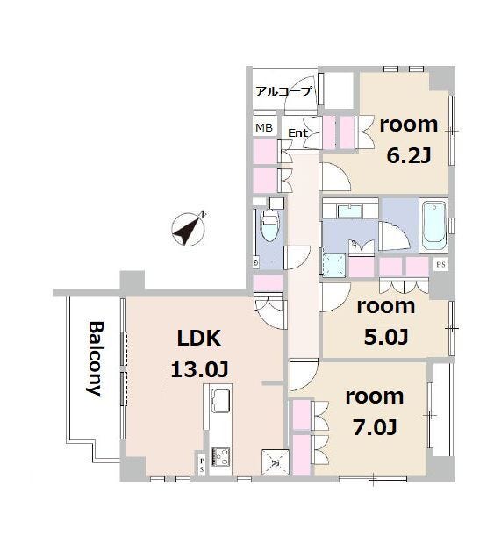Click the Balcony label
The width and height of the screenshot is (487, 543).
(95, 359)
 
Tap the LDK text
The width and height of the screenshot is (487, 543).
(199, 339)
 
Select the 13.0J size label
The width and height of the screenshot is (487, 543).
(199, 369)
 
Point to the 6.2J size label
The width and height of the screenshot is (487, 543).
(409, 156)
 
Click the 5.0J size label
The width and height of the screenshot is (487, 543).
(386, 337)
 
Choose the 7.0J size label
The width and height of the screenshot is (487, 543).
(375, 427)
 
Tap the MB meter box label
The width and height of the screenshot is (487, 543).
(264, 128)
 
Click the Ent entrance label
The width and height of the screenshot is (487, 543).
(297, 132)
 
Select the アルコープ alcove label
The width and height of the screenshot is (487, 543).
(283, 92)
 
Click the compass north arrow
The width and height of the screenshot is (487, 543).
(188, 229)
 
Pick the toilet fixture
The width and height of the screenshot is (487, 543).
(270, 225)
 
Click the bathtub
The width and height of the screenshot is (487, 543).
(433, 225)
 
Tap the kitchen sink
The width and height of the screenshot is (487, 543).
(221, 401)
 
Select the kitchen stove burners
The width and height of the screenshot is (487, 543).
(220, 456)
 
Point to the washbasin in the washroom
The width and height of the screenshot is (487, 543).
(350, 211)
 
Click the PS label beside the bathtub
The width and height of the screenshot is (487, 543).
(440, 265)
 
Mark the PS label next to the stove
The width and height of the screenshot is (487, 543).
(202, 465)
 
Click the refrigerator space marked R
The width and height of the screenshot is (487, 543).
(276, 462)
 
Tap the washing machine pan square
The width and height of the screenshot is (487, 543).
(334, 265)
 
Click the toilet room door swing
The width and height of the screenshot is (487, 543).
(297, 257)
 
